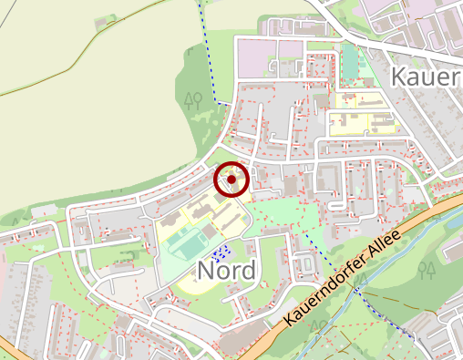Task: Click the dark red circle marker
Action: pyautogui.click(x=231, y=180)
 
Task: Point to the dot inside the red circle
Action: pyautogui.click(x=231, y=180)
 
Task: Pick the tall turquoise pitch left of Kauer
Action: pyautogui.click(x=351, y=62)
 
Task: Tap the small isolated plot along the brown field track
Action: pyautogui.click(x=109, y=16)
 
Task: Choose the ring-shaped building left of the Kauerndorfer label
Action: pyautogui.click(x=305, y=264)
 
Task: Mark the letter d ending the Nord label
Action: pyautogui.click(x=249, y=269)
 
